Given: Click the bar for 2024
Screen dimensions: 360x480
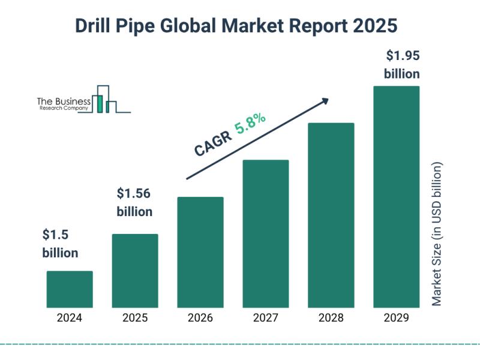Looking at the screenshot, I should click(70, 289).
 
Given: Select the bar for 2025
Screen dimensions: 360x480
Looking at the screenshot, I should click(135, 271).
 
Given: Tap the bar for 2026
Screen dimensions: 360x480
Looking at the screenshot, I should click(200, 252).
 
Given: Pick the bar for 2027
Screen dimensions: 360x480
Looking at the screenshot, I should click(266, 233).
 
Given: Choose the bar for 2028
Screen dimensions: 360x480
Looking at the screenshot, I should click(331, 215).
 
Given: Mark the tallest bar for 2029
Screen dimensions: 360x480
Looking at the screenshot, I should click(397, 197).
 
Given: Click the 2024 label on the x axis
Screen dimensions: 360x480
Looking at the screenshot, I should click(70, 319).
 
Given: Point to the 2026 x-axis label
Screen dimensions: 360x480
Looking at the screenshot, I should click(200, 319).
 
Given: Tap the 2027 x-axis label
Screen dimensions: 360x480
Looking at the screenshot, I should click(266, 319).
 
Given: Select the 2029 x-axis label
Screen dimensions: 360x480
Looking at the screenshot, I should click(397, 319).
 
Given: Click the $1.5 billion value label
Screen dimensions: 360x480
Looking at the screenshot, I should click(60, 244).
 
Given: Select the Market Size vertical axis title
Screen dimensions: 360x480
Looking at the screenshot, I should click(437, 233).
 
